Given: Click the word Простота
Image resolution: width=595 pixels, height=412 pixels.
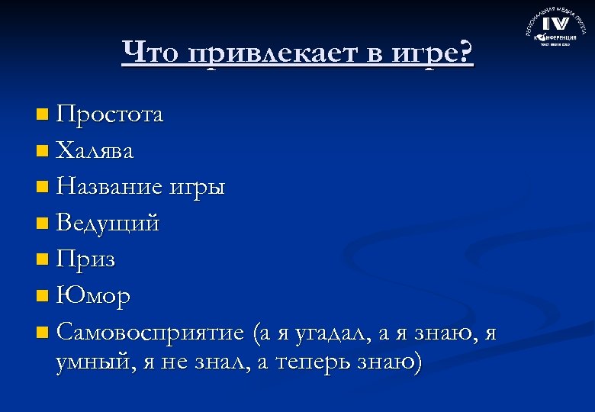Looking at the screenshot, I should point(109,115).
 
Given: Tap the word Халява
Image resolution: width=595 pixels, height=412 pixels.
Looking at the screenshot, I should point(95,151).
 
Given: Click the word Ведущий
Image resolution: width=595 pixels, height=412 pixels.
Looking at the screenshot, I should point(108,224).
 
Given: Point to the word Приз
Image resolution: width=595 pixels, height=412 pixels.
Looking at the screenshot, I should point(85,259).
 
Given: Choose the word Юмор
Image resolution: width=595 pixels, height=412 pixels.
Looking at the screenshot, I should point(93,295).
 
